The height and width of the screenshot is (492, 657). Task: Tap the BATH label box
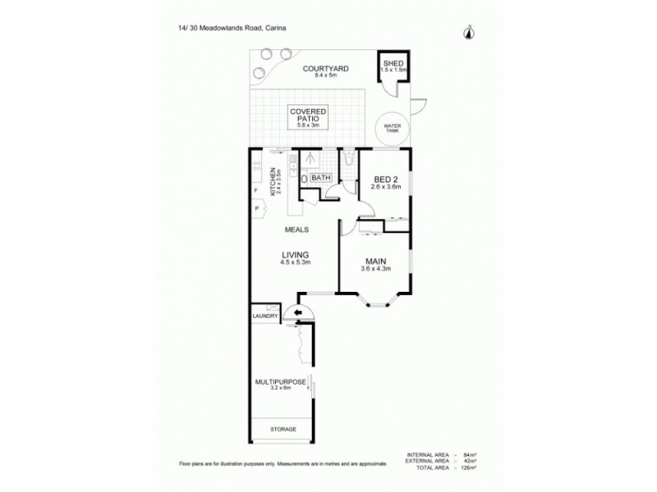320,177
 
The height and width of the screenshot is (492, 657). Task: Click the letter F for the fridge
256,190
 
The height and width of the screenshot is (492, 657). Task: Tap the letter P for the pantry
256,209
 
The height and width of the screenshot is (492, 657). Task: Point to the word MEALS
297,230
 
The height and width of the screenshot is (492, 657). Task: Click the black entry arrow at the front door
297,313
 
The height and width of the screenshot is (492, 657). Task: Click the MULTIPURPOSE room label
280,382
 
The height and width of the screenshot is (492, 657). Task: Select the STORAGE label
282,430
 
